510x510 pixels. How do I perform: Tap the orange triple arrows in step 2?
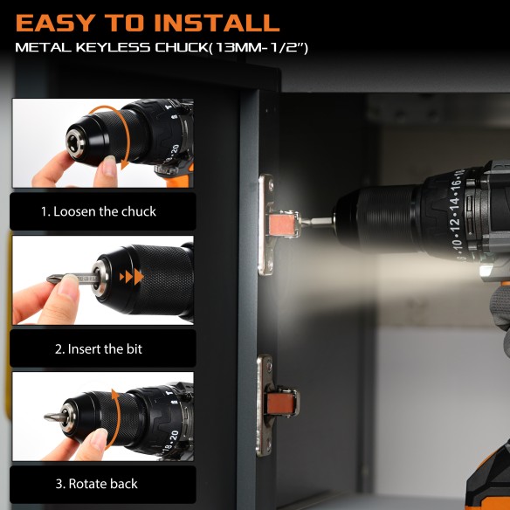pyautogui.click(x=132, y=277)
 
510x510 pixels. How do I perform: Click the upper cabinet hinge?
pyautogui.click(x=272, y=224)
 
